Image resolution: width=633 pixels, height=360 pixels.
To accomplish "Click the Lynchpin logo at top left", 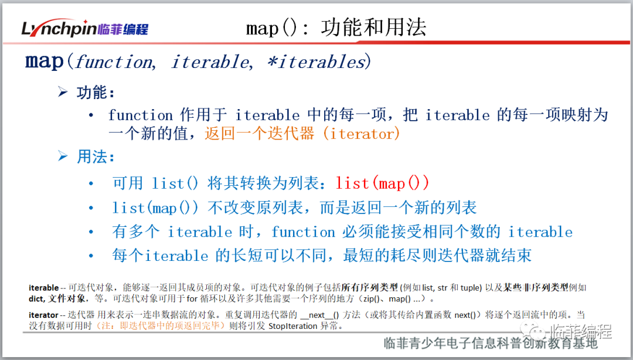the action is tap(85, 28).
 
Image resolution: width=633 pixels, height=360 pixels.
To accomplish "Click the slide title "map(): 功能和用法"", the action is tap(336, 28).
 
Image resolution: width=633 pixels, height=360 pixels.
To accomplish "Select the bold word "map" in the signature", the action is tap(45, 62).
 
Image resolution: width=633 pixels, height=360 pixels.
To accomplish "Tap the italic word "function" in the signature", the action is tap(115, 62).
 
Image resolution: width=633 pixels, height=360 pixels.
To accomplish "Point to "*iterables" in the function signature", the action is tap(317, 62).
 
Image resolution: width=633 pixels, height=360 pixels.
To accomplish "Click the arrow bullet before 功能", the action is tap(63, 91).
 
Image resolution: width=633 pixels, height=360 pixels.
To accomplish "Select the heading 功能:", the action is tap(96, 93).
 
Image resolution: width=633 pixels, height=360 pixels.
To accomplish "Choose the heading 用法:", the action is tap(96, 157).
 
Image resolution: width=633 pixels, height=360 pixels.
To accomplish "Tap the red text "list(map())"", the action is tap(382, 184).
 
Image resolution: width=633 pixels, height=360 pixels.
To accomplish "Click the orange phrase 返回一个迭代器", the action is tap(259, 133).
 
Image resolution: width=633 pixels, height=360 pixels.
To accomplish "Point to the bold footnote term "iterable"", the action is tap(43, 288).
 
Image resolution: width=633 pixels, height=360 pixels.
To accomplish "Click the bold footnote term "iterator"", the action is tap(43, 315).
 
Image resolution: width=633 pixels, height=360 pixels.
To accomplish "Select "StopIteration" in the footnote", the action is tap(293, 325).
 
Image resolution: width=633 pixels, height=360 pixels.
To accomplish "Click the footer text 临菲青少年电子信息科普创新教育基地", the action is tap(490, 344).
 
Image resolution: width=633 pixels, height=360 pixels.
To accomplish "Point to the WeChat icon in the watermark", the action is tap(533, 332).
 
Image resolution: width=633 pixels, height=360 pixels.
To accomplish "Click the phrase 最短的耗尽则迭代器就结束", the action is tap(437, 256).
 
